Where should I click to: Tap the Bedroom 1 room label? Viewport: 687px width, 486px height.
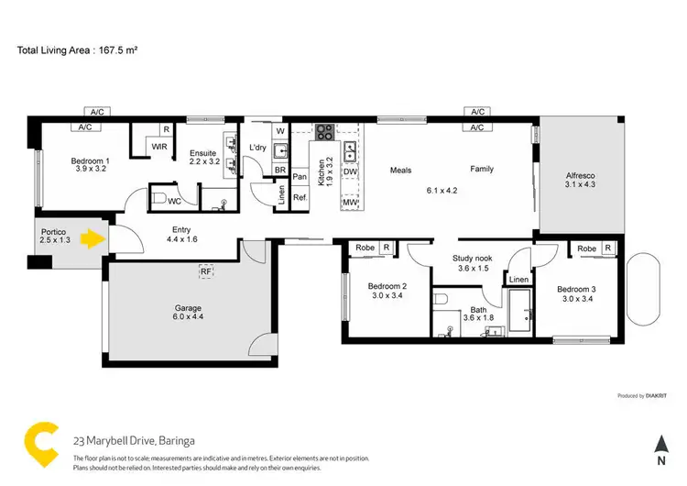point(90,162)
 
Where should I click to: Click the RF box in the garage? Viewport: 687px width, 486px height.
point(205,271)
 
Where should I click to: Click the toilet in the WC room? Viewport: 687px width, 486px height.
point(159,198)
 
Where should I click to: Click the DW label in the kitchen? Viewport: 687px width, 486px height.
point(349,171)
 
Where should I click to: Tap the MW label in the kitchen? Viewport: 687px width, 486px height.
point(349,203)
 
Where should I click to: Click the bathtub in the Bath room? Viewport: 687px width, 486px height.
point(522,314)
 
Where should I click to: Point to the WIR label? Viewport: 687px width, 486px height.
point(158,147)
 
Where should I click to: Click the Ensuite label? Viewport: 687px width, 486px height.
point(202,153)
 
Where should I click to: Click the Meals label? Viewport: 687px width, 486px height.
point(400,170)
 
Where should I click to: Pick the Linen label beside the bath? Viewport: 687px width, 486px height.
point(518,279)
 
